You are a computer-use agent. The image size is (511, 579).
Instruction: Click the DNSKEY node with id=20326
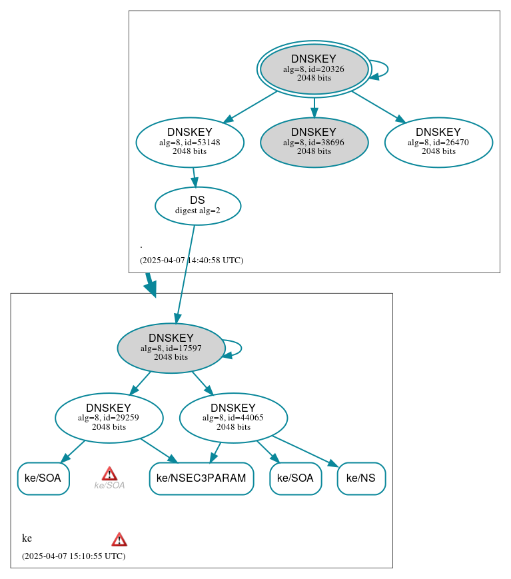point(314,69)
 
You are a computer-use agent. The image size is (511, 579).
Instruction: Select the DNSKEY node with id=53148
point(190,142)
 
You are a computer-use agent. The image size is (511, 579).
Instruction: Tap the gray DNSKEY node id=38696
point(314,142)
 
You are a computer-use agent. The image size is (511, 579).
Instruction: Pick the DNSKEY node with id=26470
point(438,142)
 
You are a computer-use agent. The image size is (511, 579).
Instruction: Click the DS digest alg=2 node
point(198,206)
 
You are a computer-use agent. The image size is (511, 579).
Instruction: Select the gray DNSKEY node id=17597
point(171,348)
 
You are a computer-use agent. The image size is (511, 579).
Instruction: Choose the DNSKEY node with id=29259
point(109,418)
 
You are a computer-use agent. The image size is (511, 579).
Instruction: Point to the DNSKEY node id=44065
point(233,418)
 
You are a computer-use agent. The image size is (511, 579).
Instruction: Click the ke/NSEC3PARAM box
point(201,478)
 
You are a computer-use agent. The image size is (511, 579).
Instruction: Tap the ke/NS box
point(361,478)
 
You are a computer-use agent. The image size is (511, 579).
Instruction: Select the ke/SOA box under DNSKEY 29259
point(43,478)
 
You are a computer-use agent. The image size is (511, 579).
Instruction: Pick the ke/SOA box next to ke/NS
point(296,478)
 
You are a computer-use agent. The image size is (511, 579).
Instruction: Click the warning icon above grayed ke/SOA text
point(110,474)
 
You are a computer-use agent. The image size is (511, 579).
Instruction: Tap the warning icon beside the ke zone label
point(119,539)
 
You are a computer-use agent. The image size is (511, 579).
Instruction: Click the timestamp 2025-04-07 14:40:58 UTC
point(191,261)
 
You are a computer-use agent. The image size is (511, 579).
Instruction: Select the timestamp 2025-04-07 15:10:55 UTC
point(73,556)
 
